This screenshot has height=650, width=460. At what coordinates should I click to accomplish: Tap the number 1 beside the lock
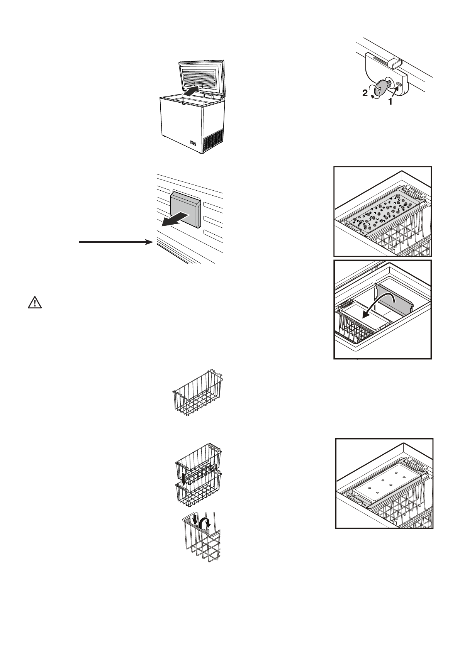390,102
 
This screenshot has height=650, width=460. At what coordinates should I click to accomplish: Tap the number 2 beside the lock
365,93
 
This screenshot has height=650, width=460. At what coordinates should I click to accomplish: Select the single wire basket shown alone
197,393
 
